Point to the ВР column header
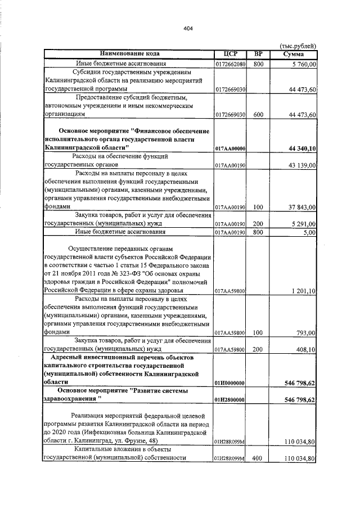coord(258,54)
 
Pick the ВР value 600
coord(258,114)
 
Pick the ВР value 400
coord(258,458)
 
